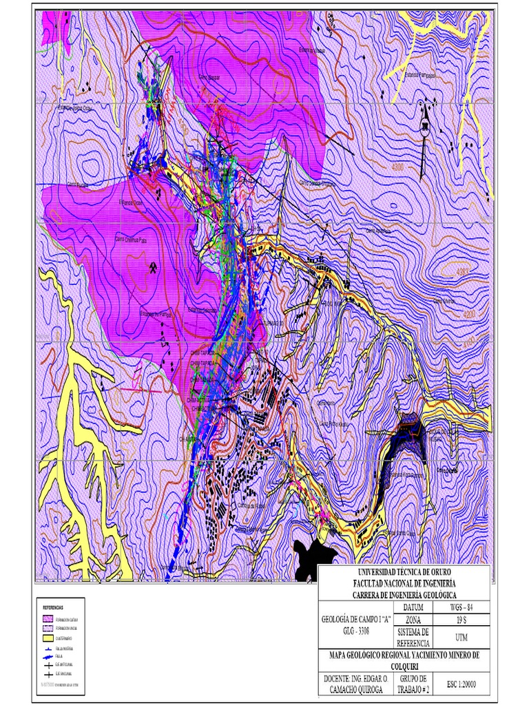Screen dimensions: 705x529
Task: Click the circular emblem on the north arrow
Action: (425, 125)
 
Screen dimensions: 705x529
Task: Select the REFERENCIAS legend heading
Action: (53, 608)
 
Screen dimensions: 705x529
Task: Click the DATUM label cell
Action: (413, 607)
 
